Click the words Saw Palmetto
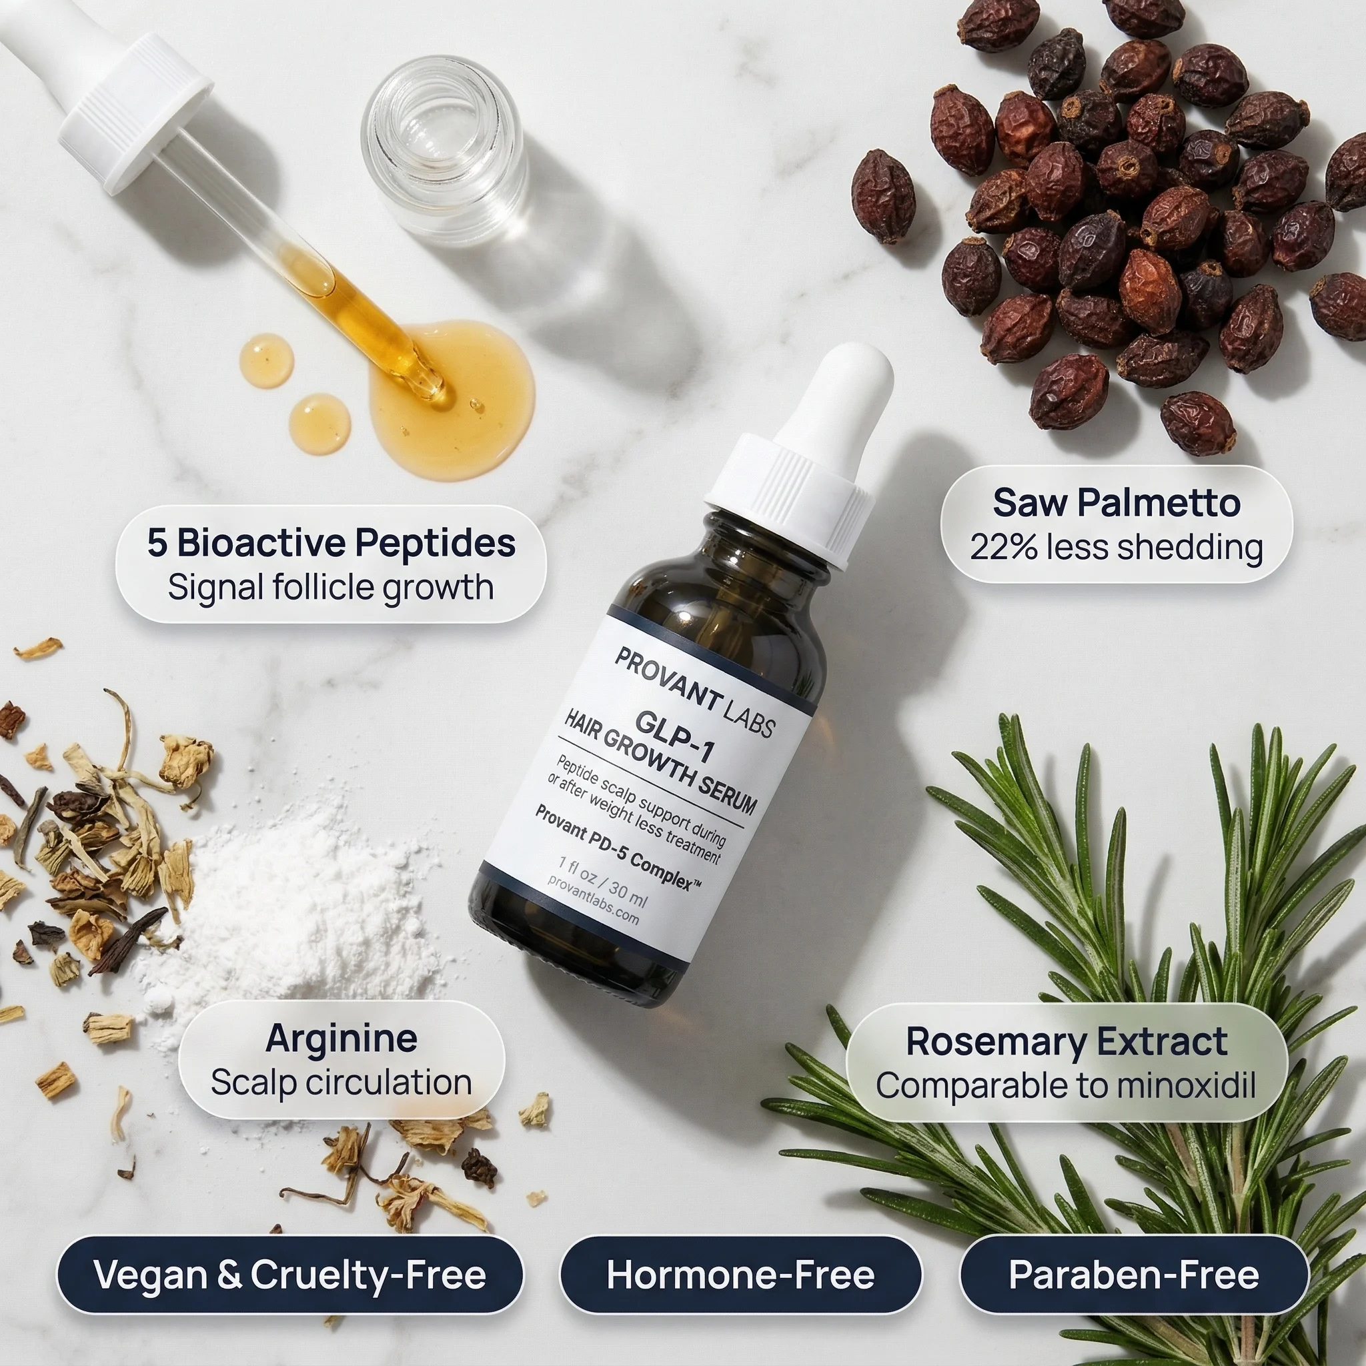click(1116, 503)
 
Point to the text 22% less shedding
click(1116, 547)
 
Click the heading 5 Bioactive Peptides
click(331, 543)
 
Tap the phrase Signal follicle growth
click(331, 588)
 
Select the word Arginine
click(341, 1039)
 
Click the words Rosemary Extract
click(1067, 1041)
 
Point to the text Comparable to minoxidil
click(1067, 1086)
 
